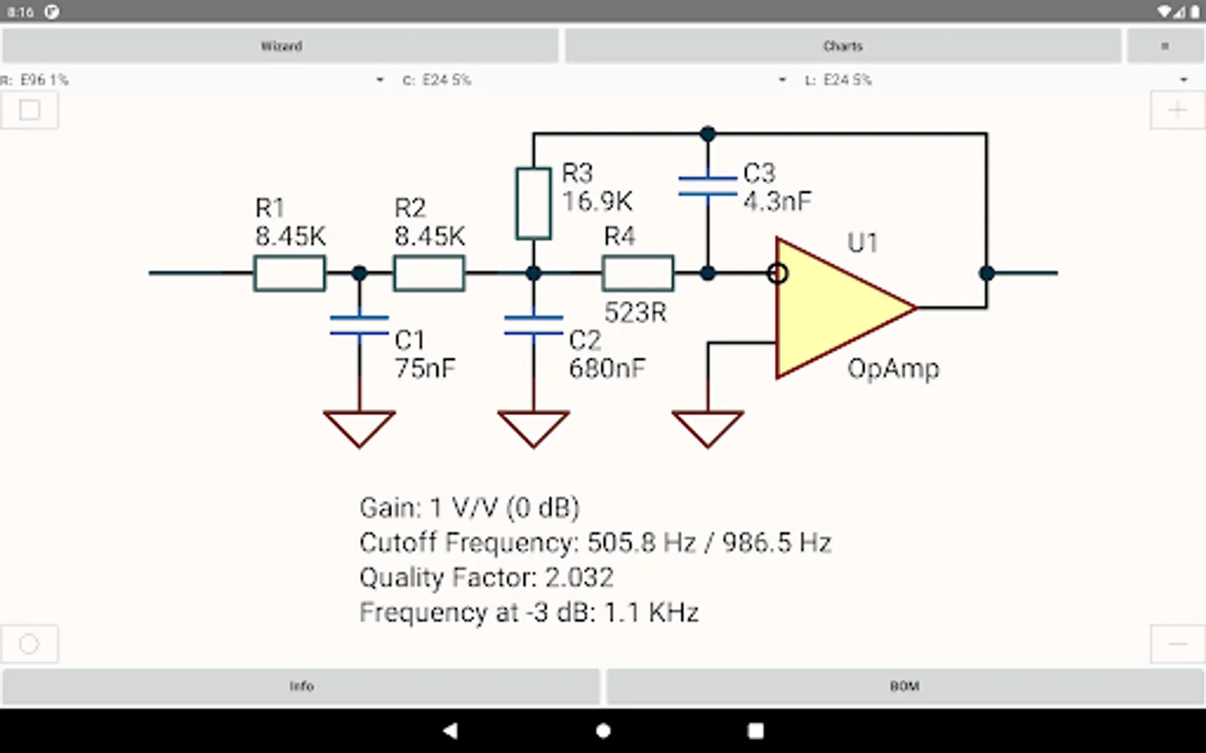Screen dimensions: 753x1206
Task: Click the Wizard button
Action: click(281, 46)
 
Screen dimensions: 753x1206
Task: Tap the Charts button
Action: click(843, 46)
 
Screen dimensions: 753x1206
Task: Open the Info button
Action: click(301, 686)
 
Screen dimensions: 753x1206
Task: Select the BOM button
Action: click(904, 686)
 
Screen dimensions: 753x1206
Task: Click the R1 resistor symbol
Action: click(290, 274)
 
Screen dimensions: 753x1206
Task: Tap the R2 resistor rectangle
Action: click(429, 274)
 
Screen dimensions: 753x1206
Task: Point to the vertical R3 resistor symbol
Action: click(533, 203)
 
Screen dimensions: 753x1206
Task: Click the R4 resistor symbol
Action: click(637, 274)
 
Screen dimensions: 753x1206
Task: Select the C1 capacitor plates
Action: click(359, 325)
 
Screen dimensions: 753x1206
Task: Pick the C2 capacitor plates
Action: click(533, 325)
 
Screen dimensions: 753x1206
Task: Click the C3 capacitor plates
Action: click(708, 186)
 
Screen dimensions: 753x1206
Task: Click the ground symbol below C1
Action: click(359, 428)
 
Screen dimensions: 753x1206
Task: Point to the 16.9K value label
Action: click(597, 202)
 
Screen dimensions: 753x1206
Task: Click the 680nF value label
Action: click(607, 368)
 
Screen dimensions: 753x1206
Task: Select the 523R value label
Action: click(636, 313)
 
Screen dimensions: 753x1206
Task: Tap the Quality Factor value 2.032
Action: click(580, 577)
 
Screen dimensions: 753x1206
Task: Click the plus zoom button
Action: click(1178, 110)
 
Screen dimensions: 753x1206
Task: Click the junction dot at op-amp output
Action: click(987, 273)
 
